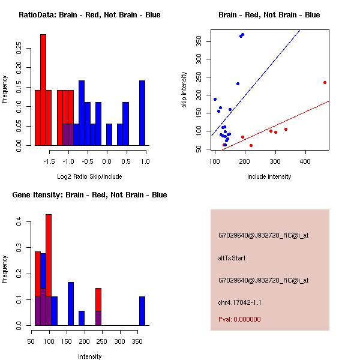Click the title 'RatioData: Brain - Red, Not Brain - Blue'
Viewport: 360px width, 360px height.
[89, 15]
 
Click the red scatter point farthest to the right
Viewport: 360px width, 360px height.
[325, 82]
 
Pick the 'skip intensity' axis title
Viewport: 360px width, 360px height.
[184, 90]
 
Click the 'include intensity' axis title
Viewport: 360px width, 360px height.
[269, 176]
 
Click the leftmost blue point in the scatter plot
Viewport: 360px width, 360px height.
[215, 99]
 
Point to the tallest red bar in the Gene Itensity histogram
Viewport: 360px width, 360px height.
[49, 269]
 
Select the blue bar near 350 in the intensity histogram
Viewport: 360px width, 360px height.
[142, 311]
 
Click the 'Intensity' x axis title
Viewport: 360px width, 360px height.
[89, 356]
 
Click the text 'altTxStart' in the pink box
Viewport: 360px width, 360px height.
[232, 258]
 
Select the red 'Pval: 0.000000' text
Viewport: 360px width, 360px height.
[239, 319]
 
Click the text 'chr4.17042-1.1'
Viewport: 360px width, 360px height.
[239, 302]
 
